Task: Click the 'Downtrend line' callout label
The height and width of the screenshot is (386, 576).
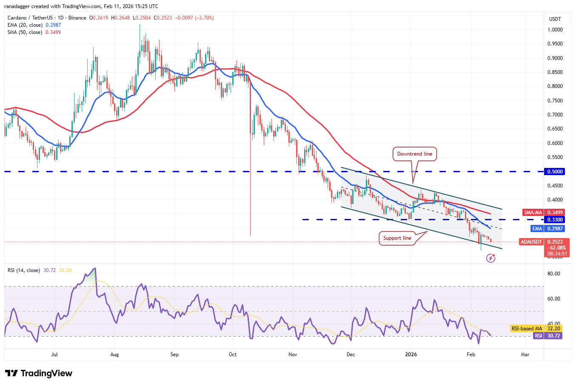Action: point(414,154)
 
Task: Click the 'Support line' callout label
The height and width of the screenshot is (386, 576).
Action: point(397,238)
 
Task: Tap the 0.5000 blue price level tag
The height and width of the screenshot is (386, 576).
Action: point(555,172)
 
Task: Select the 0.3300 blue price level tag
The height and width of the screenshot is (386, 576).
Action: point(555,220)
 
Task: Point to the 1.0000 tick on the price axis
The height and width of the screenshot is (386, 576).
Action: point(555,30)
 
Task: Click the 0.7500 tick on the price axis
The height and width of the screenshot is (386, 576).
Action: point(555,101)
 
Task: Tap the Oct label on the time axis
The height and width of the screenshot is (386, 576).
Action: point(232,354)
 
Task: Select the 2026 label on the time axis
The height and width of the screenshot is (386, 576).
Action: point(411,354)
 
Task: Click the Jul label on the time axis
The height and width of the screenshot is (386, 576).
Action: point(54,354)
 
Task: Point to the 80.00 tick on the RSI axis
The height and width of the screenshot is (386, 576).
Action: point(553,274)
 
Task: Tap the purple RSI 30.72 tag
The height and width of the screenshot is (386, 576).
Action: point(547,336)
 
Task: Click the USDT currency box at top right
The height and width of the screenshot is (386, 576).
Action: point(555,19)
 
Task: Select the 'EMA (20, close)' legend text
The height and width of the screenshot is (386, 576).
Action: point(25,25)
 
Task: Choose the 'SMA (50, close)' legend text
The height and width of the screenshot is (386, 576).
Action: point(25,32)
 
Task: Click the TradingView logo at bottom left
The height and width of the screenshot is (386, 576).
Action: point(39,373)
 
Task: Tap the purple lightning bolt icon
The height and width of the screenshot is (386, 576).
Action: point(490,258)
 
